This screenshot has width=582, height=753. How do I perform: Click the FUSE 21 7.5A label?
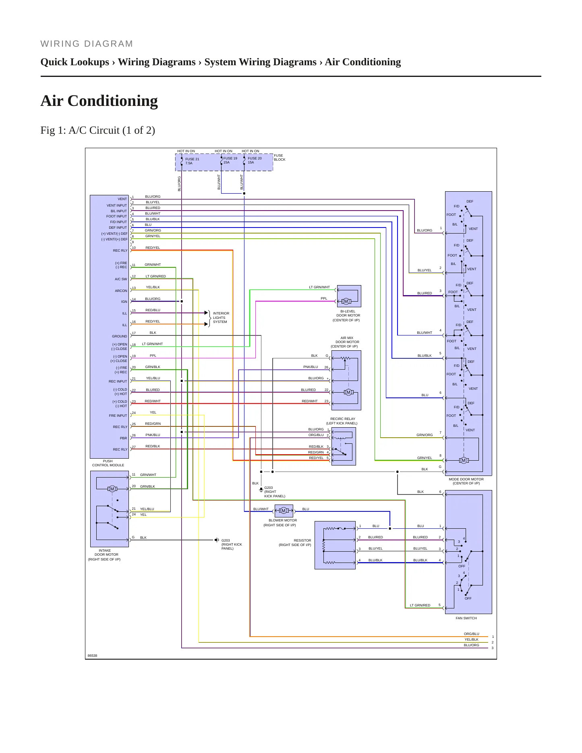point(192,161)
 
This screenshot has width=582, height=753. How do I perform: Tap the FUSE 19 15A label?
point(230,160)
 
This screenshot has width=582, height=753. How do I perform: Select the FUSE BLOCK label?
point(280,157)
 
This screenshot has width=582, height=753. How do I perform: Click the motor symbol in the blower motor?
point(284,511)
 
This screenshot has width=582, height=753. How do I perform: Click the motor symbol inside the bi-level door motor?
point(346,301)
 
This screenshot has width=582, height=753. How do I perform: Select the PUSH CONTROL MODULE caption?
point(108,463)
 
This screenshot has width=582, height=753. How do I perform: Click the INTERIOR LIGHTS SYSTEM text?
point(221,317)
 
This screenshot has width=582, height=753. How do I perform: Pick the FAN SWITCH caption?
point(466,618)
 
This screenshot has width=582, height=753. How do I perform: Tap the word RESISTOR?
point(302,540)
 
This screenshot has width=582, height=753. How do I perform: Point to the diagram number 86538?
point(92,656)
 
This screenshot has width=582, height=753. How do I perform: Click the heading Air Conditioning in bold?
point(99,101)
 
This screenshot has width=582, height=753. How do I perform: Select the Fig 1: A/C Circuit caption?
point(98,130)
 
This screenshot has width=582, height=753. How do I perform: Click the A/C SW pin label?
point(121,279)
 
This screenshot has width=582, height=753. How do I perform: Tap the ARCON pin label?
point(121,291)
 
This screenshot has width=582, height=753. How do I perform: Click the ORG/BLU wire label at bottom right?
point(472,634)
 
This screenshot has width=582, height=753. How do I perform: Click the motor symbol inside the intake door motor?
point(112,489)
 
